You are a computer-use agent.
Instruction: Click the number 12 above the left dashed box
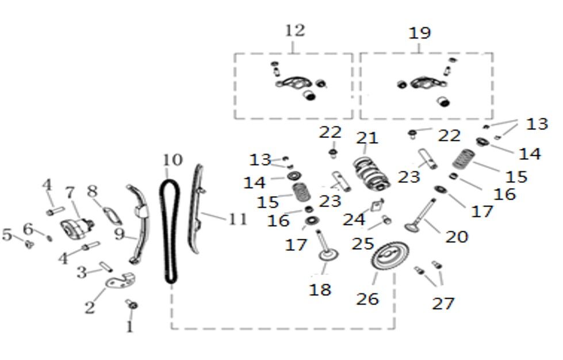coord(294,30)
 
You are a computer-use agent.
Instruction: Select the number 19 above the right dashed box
coord(419,33)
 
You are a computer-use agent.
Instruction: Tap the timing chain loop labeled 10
coord(168,230)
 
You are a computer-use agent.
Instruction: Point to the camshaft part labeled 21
coord(371,172)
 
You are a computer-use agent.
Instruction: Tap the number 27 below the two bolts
coord(443,303)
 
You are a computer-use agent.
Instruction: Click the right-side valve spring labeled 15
coord(465,158)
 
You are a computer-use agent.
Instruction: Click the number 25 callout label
coord(363,243)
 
